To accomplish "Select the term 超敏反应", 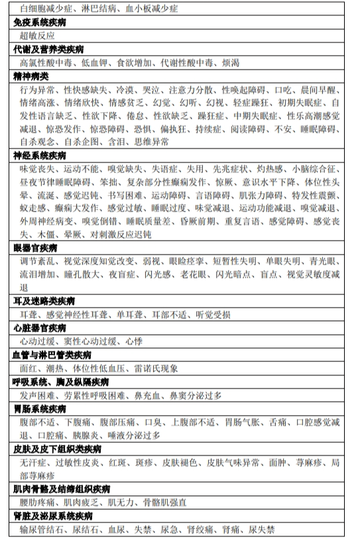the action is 37,36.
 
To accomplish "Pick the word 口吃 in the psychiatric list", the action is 284,89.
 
